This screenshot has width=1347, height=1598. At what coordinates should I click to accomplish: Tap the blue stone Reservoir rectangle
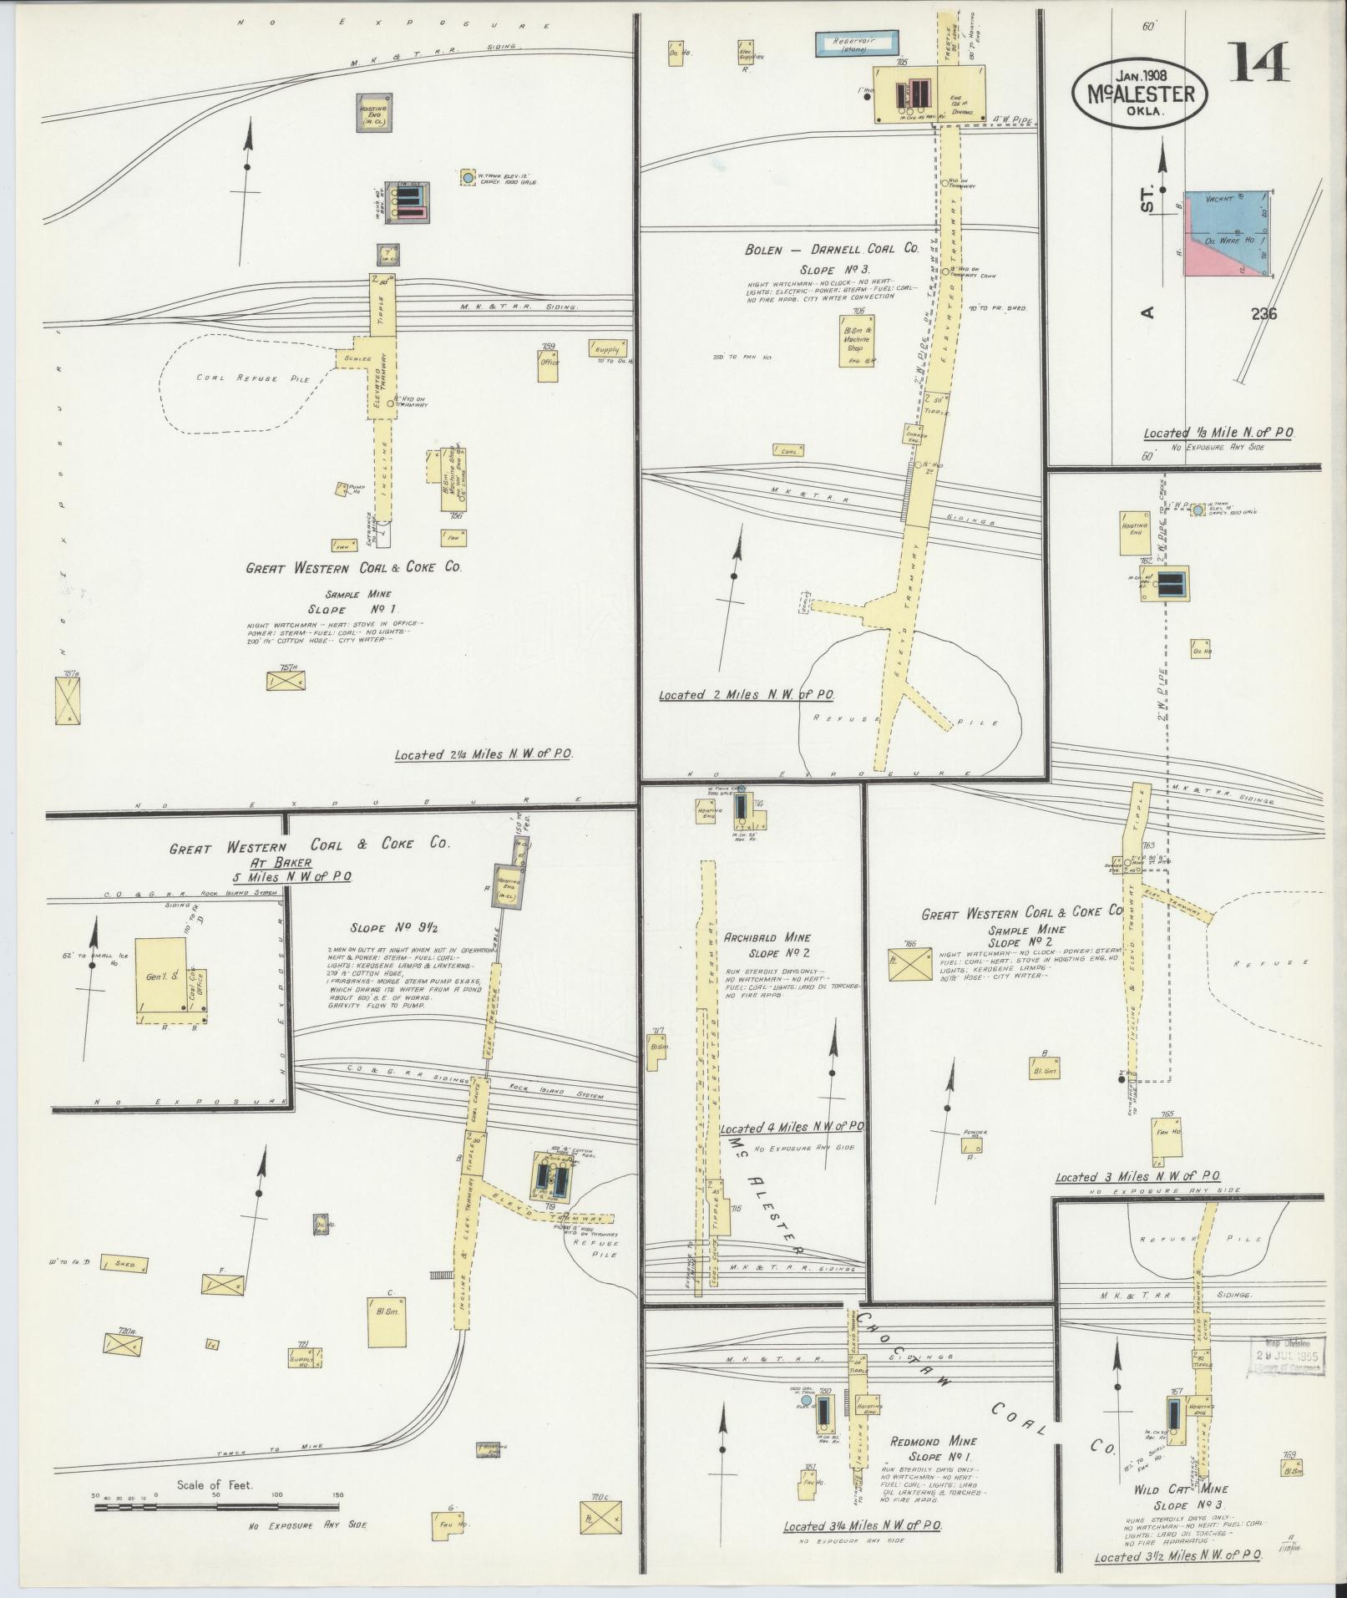pos(858,44)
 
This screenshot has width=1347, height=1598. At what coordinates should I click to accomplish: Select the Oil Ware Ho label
pos(1222,239)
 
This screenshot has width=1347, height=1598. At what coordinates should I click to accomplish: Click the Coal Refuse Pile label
pos(253,378)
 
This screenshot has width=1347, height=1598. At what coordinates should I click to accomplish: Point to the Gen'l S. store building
pos(161,978)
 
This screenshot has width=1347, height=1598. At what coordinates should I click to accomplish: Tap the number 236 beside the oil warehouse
pos(1263,314)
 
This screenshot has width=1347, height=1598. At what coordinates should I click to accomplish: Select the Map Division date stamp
pos(1287,1357)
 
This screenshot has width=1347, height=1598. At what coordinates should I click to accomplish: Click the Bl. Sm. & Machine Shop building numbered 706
pos(857,339)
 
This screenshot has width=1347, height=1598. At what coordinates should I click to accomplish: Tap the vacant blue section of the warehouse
pos(1228,212)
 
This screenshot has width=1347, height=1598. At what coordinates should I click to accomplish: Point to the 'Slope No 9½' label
pos(380,928)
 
